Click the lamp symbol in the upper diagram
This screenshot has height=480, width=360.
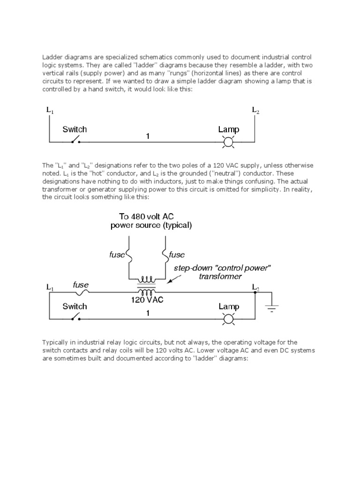tap(228, 142)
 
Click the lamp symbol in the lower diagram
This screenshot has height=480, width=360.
tap(228, 319)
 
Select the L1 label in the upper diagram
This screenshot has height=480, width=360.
tap(50, 111)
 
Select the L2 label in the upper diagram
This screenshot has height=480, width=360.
tap(255, 110)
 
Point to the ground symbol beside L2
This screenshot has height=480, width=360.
tap(271, 307)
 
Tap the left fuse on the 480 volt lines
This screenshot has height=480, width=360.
tap(127, 255)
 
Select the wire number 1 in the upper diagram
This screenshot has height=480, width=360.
tap(148, 136)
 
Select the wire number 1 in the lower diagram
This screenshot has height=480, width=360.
tap(148, 314)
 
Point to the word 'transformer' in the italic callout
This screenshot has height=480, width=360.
tap(222, 277)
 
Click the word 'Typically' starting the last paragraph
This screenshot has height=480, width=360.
tap(56, 342)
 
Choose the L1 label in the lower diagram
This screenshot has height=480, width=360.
tap(50, 287)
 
